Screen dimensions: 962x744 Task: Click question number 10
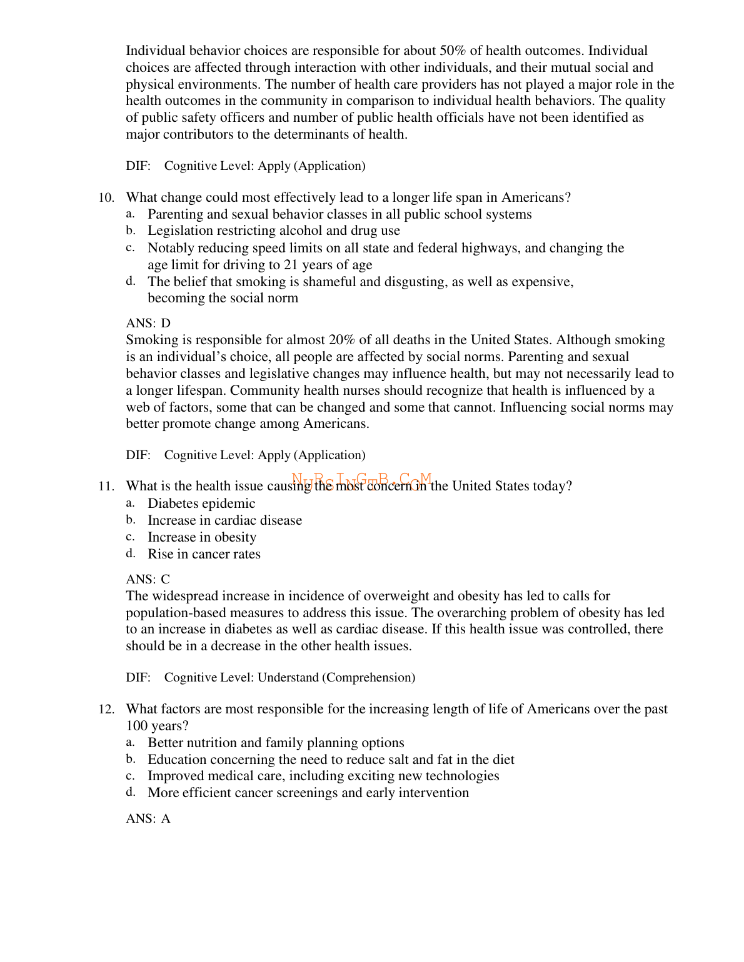point(106,198)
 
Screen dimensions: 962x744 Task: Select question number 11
point(106,487)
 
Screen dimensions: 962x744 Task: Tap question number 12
point(106,710)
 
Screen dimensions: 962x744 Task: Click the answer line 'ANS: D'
point(148,324)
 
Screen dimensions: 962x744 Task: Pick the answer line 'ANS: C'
point(148,580)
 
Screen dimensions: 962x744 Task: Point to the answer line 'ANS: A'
point(148,819)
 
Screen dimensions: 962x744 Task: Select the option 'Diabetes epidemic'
point(201,503)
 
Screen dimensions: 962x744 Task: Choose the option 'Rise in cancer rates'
point(204,554)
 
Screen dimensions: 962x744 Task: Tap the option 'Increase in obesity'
point(202,537)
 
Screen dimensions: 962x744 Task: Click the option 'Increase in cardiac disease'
point(224,520)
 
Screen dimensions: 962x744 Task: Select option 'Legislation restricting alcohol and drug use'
point(273,231)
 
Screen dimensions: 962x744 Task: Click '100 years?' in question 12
point(158,726)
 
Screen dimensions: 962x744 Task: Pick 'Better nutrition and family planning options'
point(276,743)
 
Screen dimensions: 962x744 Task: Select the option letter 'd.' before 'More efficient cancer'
point(131,793)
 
